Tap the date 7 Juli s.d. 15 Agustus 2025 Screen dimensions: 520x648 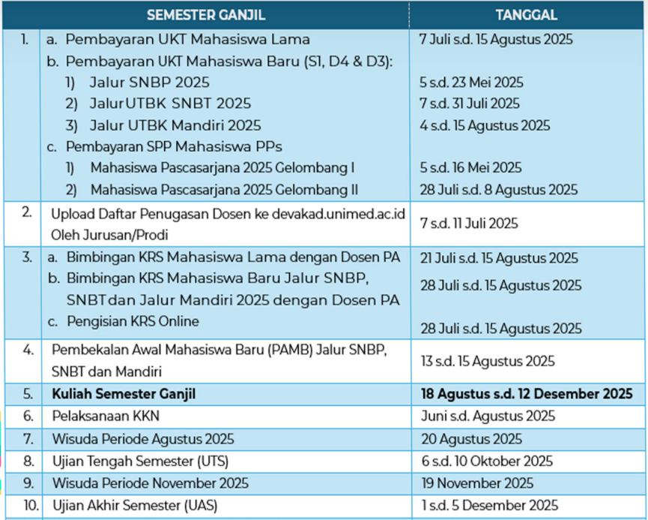[x=496, y=39]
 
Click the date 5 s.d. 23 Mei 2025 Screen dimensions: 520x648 [x=471, y=83]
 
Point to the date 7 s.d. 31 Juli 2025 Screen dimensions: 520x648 [x=470, y=104]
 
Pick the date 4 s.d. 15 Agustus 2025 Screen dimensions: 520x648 [x=485, y=125]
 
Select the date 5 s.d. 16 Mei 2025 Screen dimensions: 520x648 [x=470, y=168]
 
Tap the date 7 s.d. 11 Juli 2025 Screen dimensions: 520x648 [x=469, y=224]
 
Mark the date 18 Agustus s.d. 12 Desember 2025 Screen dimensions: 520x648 [x=526, y=394]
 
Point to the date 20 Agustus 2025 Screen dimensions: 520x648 [x=471, y=439]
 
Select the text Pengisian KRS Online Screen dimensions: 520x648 [x=133, y=321]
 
